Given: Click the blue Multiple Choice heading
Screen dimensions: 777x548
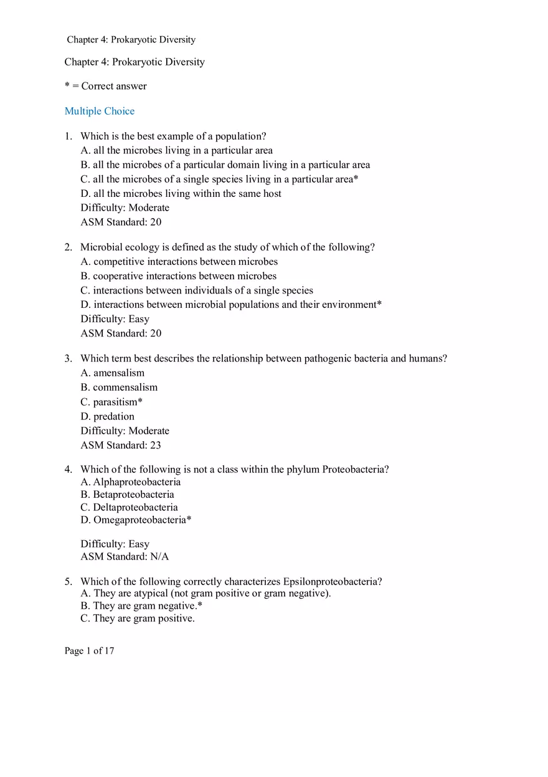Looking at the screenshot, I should (100, 111).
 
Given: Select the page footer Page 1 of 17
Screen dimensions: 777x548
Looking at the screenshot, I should (89, 651).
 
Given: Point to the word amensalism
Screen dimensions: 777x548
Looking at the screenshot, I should (118, 373).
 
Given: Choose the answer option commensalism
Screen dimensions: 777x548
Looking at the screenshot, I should (125, 387).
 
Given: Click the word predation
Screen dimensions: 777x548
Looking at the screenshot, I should (113, 416).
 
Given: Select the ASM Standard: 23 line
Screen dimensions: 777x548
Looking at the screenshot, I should (121, 445).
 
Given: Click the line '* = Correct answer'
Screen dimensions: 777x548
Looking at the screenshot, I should (106, 86).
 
